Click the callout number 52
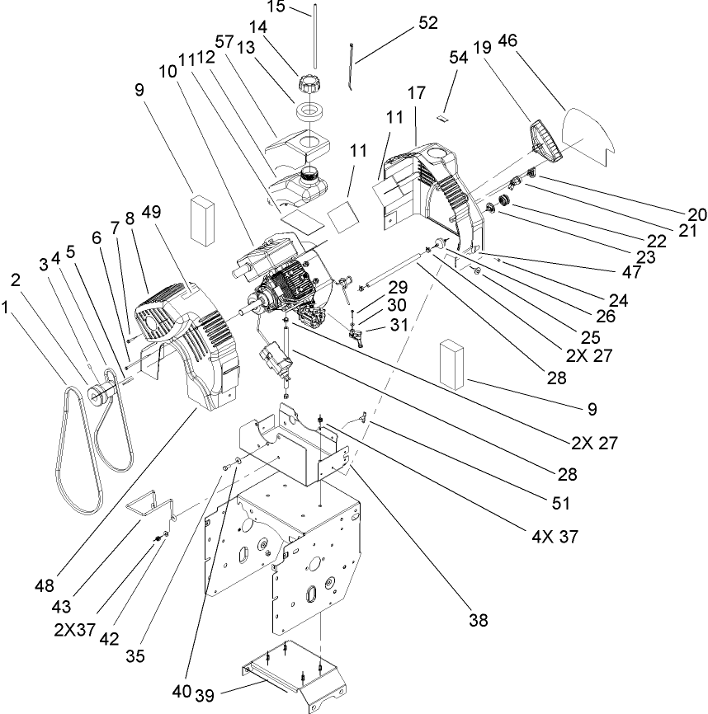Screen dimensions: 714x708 428,23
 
